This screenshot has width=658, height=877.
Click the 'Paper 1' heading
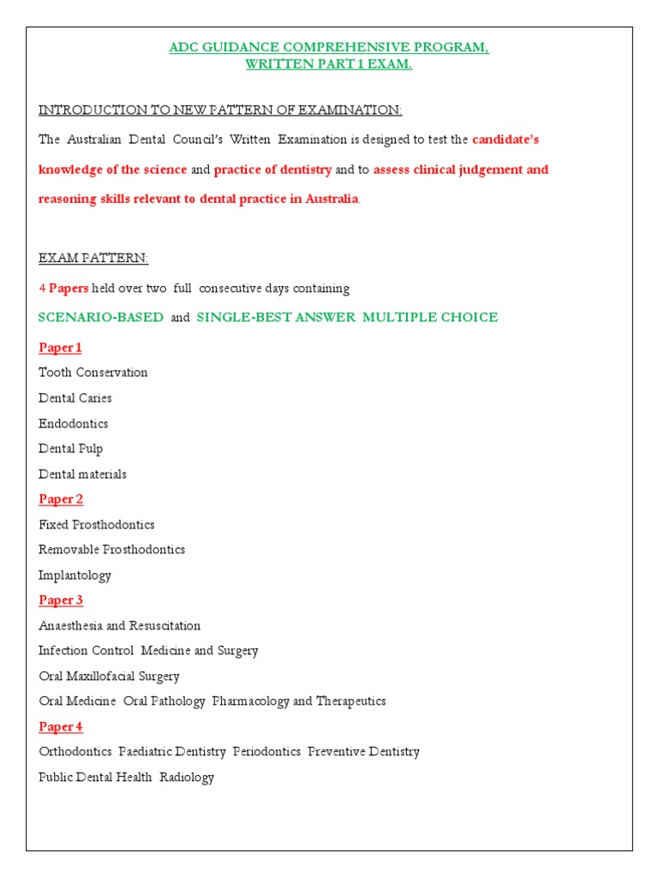tap(60, 348)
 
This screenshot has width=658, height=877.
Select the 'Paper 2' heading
tap(61, 499)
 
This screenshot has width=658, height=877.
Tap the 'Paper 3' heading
tap(61, 600)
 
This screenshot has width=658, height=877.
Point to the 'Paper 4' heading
tap(61, 727)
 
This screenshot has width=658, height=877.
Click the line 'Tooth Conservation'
tap(93, 373)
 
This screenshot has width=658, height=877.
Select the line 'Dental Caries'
tap(75, 398)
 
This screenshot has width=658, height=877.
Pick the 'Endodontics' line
tap(74, 424)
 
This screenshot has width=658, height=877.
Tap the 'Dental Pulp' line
tap(71, 449)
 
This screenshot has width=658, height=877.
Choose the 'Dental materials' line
tap(82, 474)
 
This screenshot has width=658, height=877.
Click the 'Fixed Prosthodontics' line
tap(97, 524)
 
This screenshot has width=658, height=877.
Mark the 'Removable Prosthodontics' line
tap(111, 550)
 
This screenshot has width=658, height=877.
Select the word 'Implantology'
tap(75, 576)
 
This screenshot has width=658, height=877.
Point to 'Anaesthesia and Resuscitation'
tap(120, 626)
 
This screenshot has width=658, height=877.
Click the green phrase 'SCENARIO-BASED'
tap(101, 318)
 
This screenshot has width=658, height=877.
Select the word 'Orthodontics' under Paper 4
tap(75, 752)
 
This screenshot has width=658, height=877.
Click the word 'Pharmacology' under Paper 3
tap(251, 701)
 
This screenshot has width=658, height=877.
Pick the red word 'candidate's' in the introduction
tap(505, 139)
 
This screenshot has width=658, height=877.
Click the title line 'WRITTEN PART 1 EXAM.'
tap(329, 65)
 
